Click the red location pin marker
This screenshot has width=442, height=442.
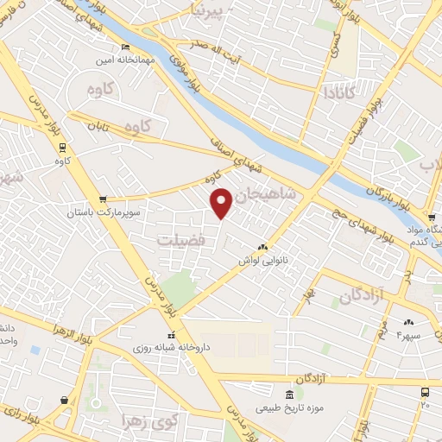click(x=222, y=202)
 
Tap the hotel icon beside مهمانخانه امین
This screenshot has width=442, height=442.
click(x=126, y=47)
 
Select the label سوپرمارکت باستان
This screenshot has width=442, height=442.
click(x=101, y=212)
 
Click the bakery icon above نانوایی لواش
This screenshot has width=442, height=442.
click(x=262, y=246)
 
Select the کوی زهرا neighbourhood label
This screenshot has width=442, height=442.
click(x=177, y=423)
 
